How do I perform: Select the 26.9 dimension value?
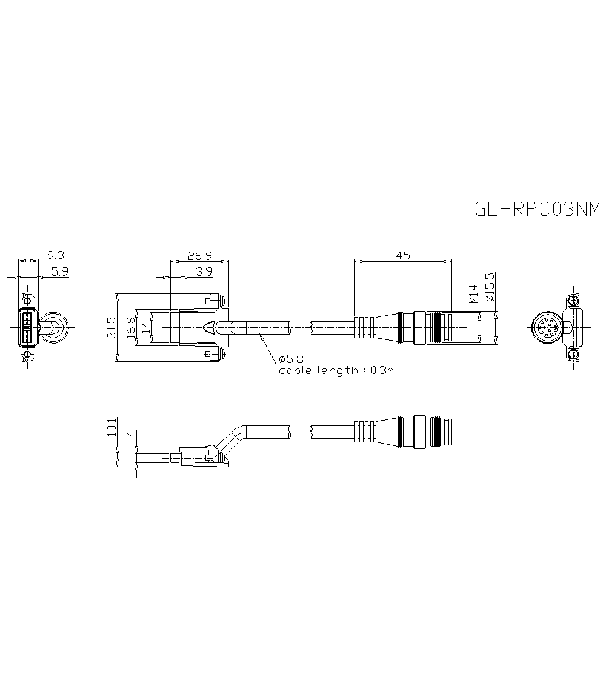point(199,255)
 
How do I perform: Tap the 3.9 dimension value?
point(204,272)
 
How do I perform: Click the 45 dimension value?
point(402,255)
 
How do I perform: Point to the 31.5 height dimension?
point(110,328)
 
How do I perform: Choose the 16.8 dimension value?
point(131,328)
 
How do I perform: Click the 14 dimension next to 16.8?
point(145,328)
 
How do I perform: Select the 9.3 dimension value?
point(55,255)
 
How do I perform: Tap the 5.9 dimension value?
point(59,272)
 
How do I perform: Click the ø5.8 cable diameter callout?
point(291,358)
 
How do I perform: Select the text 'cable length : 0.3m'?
point(336,370)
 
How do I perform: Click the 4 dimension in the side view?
point(131,435)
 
